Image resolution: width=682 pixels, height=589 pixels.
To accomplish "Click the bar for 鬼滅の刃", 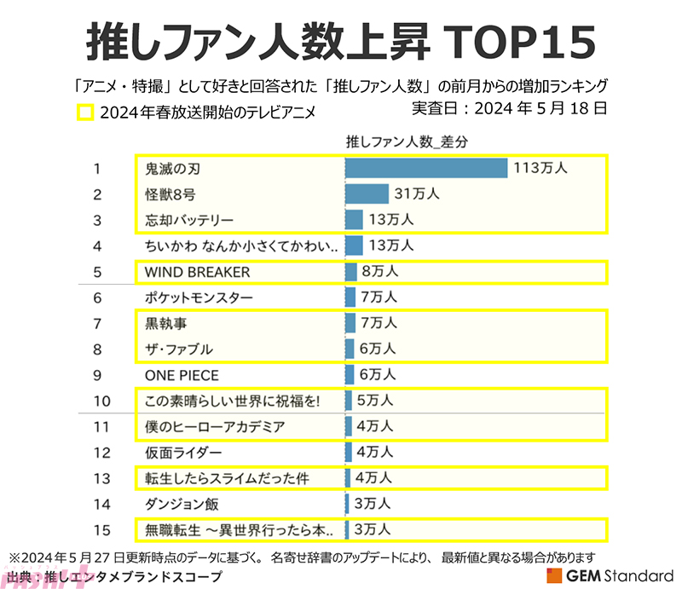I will [x=426, y=169].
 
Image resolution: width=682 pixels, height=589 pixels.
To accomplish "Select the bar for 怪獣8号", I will [x=367, y=194].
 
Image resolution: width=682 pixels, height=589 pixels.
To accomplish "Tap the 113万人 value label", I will [x=540, y=169].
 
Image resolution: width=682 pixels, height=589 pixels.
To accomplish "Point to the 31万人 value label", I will [x=417, y=194].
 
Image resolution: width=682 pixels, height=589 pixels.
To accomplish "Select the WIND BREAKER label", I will [x=198, y=272].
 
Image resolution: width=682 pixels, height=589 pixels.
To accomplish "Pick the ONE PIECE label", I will [x=182, y=375].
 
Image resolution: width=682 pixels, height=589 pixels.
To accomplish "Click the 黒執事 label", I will [x=165, y=323].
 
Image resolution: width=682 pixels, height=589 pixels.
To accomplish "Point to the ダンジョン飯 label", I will [x=182, y=504].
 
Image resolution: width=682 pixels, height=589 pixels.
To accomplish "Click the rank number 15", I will [x=101, y=529].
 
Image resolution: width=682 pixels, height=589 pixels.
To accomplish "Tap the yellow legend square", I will [x=84, y=112].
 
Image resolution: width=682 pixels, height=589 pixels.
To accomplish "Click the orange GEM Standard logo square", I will [x=554, y=575].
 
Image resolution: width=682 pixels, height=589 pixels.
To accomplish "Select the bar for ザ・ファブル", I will [x=350, y=349].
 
